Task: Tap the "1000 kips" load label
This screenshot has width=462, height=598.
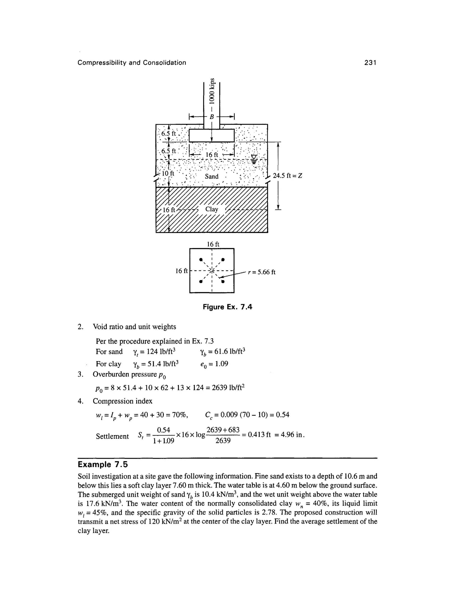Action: coord(212,91)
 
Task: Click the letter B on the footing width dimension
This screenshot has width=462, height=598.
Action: coord(211,117)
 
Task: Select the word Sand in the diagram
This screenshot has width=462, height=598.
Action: coord(212,176)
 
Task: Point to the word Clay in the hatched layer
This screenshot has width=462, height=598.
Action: coord(212,209)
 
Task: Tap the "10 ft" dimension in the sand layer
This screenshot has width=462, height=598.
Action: coord(168,174)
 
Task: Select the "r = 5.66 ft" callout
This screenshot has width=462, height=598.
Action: coord(261,272)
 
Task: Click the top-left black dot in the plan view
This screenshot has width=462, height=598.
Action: coord(201,259)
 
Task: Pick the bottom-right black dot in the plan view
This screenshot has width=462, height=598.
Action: coord(223,281)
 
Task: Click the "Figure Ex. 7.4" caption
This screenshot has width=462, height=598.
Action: coord(227,307)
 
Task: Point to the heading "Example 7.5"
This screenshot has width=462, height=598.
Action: coord(103,465)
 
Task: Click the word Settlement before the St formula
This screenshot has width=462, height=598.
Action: coord(112,436)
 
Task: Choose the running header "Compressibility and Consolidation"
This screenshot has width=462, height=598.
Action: coord(132,63)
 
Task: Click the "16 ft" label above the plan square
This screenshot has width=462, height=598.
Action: coord(213,244)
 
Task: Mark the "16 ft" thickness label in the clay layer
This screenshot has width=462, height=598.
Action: coord(169,210)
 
